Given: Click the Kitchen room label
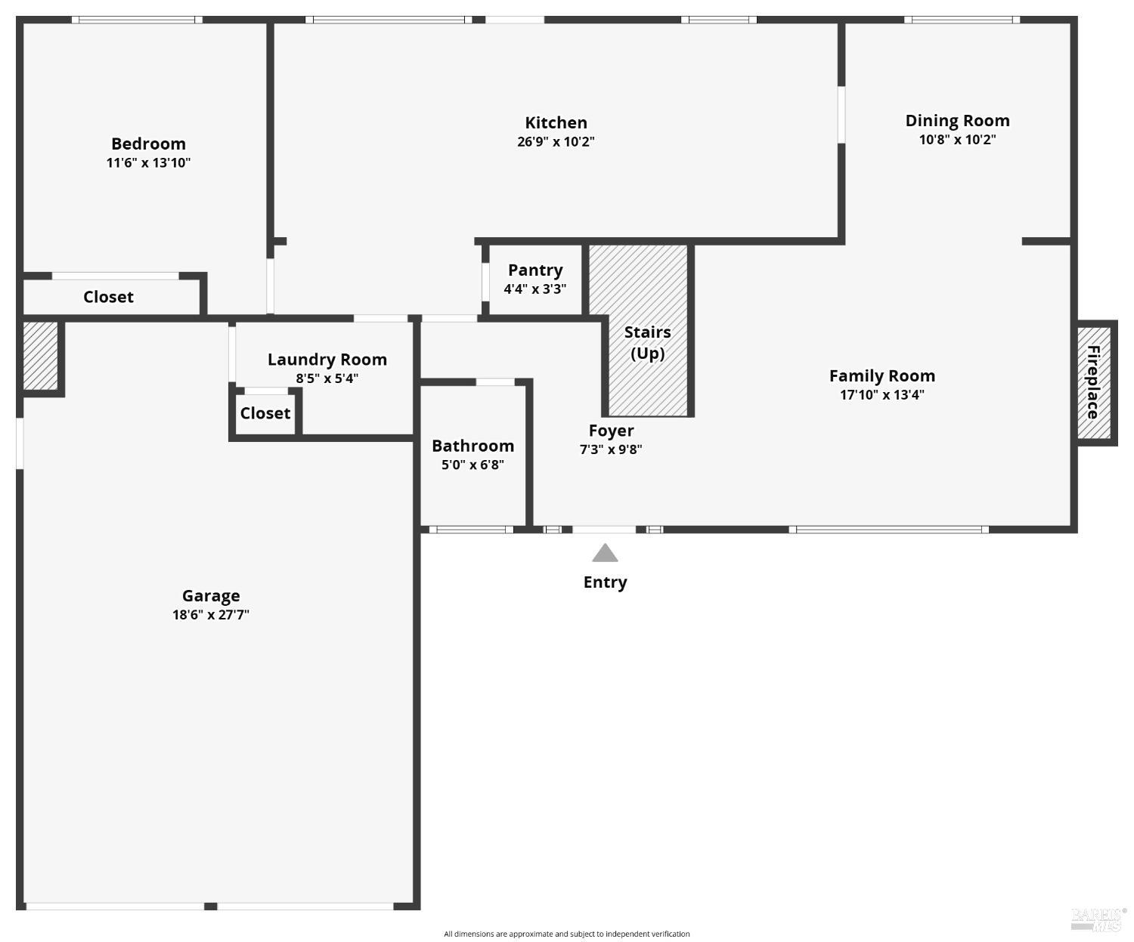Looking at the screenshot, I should (556, 122).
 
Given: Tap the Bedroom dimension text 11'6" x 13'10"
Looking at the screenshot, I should (148, 162).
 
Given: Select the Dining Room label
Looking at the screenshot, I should (957, 120).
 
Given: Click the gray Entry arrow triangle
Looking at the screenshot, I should (605, 554).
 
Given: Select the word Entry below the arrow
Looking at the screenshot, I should (605, 582).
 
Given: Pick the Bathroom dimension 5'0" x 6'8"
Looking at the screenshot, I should (472, 465).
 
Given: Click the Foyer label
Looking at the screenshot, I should (611, 431).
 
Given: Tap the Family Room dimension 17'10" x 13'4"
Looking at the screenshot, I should (881, 394).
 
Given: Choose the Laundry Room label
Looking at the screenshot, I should (327, 360).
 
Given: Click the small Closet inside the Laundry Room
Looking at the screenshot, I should (265, 413).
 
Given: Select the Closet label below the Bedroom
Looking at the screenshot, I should (108, 297).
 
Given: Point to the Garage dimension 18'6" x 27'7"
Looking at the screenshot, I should (210, 614).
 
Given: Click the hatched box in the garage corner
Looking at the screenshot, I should (40, 355).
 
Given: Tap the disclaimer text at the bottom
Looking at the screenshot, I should (566, 934).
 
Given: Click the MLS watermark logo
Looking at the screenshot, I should (1098, 919).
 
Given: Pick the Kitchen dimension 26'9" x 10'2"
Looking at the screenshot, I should (556, 141).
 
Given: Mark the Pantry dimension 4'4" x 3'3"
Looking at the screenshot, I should (534, 289).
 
